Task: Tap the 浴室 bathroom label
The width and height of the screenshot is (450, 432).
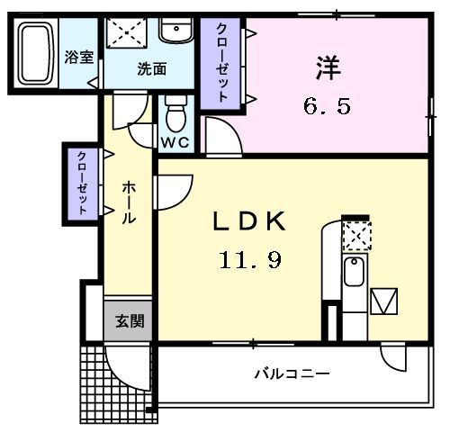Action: pyautogui.click(x=78, y=57)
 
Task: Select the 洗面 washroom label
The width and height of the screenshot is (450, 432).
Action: pyautogui.click(x=151, y=69)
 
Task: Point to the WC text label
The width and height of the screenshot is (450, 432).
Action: pyautogui.click(x=175, y=142)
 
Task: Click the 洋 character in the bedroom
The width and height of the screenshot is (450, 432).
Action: pyautogui.click(x=328, y=67)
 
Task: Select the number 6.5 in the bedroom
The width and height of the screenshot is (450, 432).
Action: pyautogui.click(x=326, y=106)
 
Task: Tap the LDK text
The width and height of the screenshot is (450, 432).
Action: pyautogui.click(x=249, y=221)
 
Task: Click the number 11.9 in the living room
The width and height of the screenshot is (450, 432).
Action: pyautogui.click(x=249, y=261)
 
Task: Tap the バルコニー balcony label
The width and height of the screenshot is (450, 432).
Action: pyautogui.click(x=290, y=373)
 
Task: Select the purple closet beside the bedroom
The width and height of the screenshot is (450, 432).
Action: pyautogui.click(x=221, y=63)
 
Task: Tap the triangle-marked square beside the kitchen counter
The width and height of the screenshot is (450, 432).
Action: pyautogui.click(x=384, y=300)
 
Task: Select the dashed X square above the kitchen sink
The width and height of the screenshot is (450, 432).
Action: pyautogui.click(x=355, y=236)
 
